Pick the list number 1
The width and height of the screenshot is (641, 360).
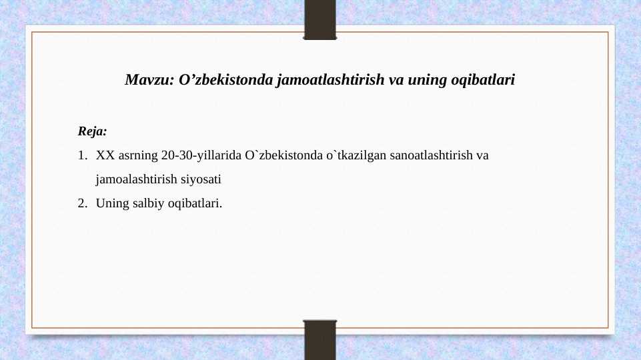82,156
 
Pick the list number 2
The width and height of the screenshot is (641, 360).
82,203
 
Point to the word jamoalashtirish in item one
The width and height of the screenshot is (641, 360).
136,179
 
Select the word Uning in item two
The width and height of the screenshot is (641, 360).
110,203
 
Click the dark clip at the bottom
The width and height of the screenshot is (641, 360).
320,340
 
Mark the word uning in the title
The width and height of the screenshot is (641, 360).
424,81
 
